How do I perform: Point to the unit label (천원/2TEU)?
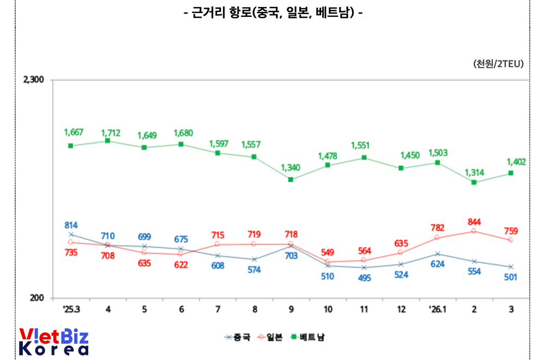498,64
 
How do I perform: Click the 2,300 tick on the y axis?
33,80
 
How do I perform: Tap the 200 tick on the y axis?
37,298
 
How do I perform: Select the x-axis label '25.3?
71,309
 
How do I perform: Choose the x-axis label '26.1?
438,309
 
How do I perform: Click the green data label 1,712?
111,133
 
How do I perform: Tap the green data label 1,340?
291,167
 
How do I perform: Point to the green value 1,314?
474,172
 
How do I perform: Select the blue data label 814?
71,225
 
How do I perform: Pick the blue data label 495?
364,278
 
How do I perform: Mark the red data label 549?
328,252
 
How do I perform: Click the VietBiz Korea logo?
53,342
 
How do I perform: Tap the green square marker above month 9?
291,179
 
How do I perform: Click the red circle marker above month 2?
474,231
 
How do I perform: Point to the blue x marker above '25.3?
71,235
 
